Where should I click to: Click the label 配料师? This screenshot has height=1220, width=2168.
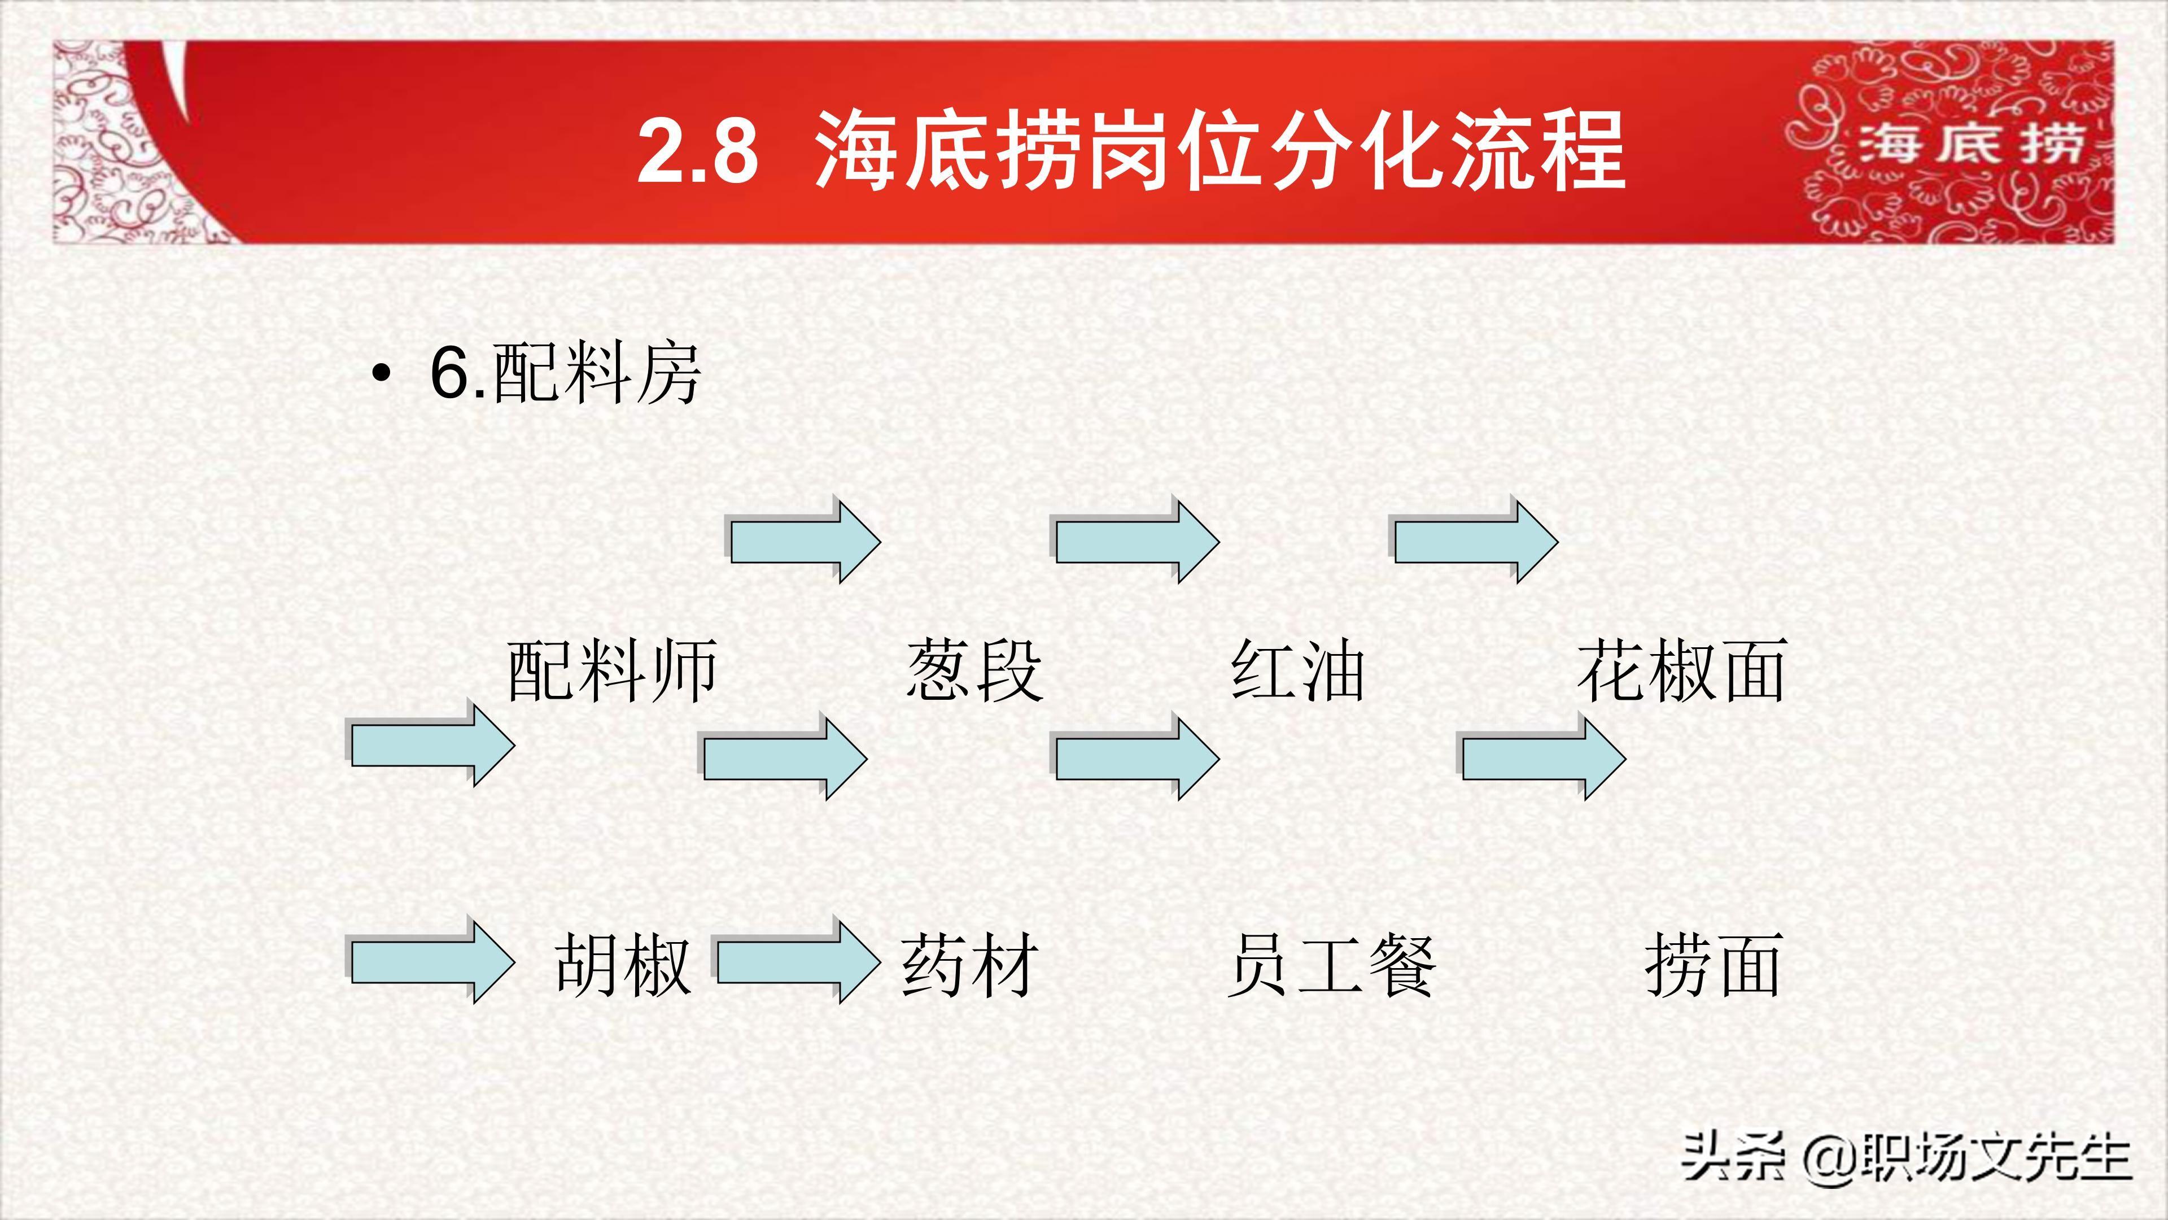612,671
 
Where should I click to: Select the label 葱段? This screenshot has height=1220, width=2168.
974,671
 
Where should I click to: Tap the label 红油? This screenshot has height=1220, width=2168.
1297,671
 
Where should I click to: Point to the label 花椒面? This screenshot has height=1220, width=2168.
1681,671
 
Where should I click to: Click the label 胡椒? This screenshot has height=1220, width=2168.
623,965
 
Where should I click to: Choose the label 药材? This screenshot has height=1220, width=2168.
969,965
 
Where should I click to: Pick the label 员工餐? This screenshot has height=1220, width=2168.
1331,965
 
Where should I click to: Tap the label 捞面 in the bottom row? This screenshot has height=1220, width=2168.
1713,965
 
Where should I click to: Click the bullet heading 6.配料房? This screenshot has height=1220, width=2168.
565,373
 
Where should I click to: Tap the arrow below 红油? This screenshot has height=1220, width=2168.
1136,757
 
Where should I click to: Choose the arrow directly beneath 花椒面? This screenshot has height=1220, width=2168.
1542,757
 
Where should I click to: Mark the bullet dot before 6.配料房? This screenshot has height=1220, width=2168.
381,373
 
